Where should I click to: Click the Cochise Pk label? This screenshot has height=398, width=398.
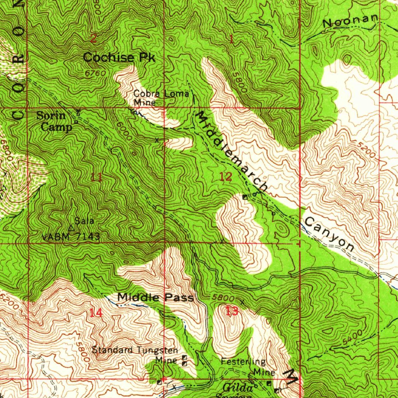point(119,58)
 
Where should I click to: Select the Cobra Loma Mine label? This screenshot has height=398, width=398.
point(161,98)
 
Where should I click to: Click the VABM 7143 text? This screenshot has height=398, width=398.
point(71,236)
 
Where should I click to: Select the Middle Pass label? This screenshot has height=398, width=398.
point(155,298)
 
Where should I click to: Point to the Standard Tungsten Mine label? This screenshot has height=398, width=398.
point(135,354)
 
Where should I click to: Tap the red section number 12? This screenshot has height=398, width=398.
point(225,177)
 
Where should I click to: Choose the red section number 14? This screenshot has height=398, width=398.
point(96,312)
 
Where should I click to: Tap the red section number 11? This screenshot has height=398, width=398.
point(96,178)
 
